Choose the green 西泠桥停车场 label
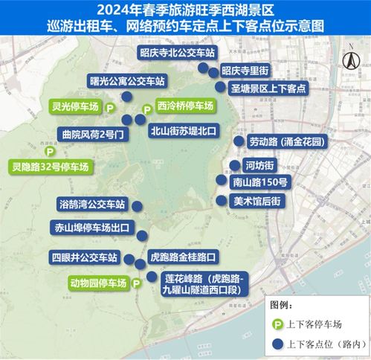click(x=184, y=106)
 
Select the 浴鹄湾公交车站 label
click(x=91, y=203)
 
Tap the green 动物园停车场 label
click(x=97, y=283)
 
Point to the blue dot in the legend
click(x=274, y=343)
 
